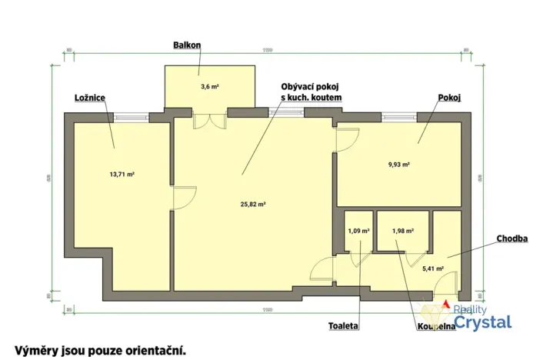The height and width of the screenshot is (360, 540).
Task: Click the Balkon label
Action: (x=188, y=45)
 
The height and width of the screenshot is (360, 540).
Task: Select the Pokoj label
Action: (x=449, y=98)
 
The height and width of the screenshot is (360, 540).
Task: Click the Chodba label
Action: (x=511, y=239)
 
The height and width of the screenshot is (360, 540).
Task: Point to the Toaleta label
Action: (x=343, y=326)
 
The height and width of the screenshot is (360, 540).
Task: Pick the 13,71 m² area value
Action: (x=122, y=175)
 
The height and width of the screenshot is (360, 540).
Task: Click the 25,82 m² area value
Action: (x=252, y=205)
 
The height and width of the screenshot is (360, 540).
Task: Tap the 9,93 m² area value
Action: (x=399, y=165)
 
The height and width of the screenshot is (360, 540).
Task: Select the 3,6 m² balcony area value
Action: (x=209, y=87)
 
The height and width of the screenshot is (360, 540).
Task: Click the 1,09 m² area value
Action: (x=358, y=230)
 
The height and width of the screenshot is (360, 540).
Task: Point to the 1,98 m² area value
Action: (x=403, y=230)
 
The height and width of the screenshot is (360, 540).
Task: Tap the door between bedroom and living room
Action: (x=182, y=198)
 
